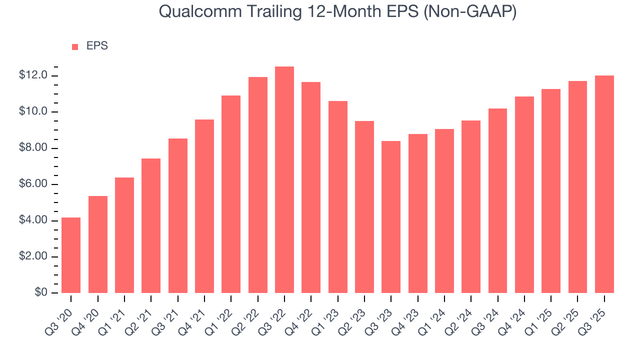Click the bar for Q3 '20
(x=71, y=255)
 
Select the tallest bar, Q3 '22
(x=284, y=180)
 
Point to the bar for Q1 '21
(x=124, y=235)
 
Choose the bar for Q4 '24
(x=524, y=194)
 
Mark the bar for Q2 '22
(x=258, y=185)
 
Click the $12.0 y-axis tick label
(x=33, y=75)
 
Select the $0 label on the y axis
(x=41, y=292)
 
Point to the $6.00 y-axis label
(x=33, y=184)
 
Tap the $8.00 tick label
(x=33, y=148)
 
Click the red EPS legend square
(x=75, y=46)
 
